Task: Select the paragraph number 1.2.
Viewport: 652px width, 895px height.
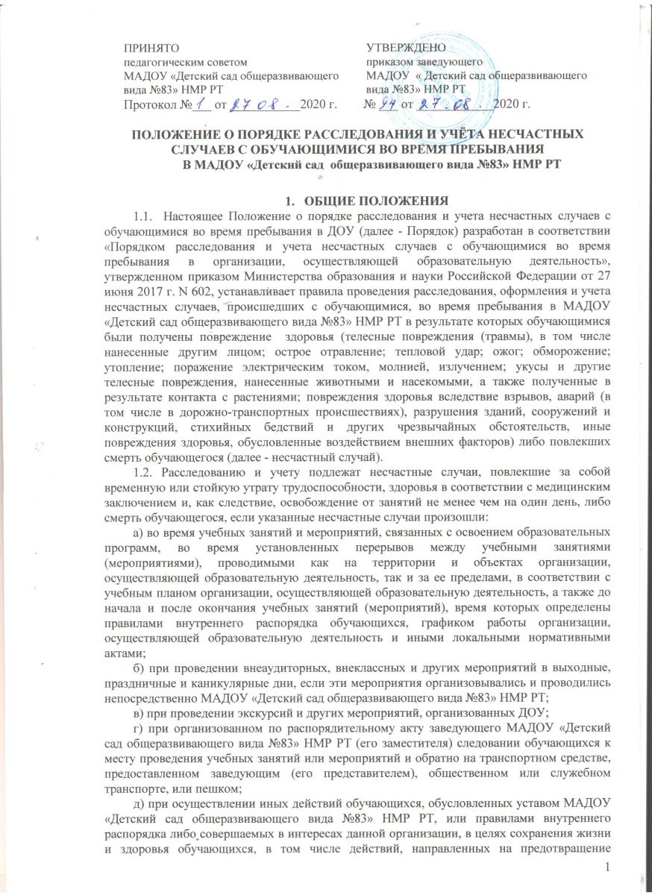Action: (x=143, y=459)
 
